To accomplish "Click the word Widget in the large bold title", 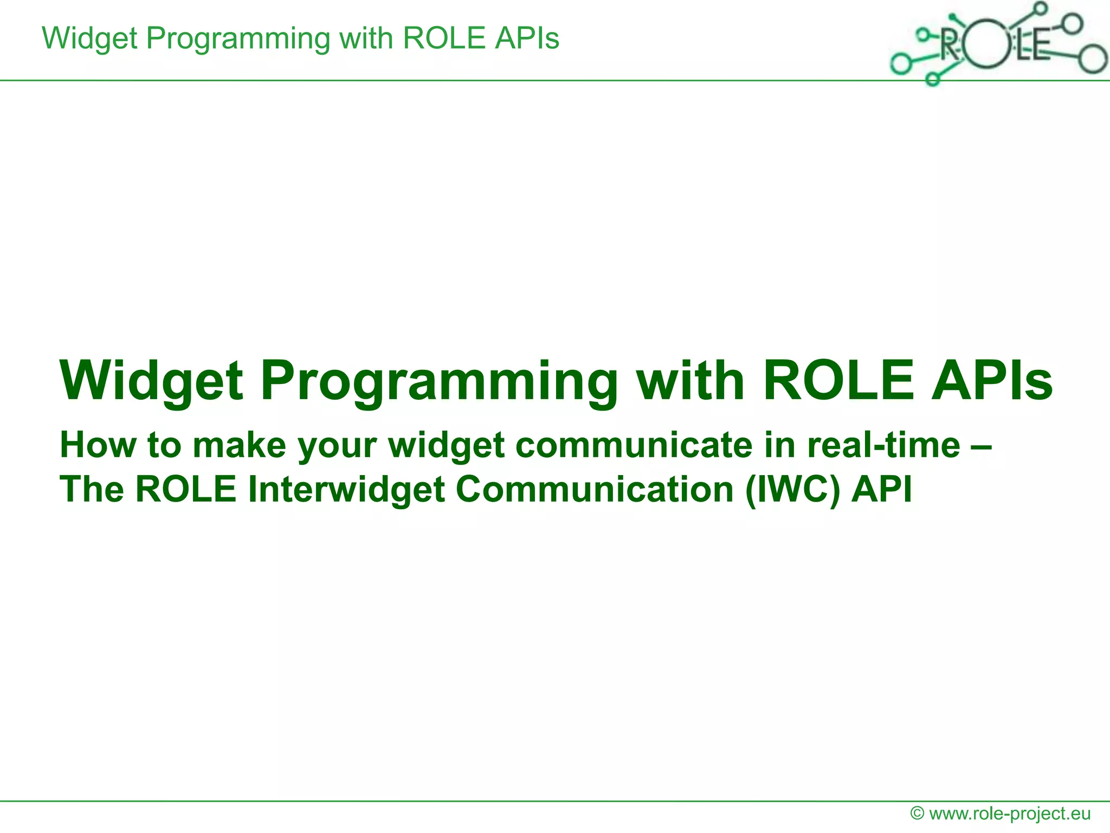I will pos(152,381).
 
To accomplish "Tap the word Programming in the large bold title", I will pos(439,381).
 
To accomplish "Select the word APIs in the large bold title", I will pos(992,381).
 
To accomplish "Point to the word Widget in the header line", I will pos(89,39).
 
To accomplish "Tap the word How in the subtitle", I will pos(98,445).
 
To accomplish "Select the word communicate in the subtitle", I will pos(634,445).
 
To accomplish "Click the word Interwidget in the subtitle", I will pos(346,489).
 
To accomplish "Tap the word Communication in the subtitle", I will pos(595,489).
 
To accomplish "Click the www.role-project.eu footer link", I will pos(1010,813).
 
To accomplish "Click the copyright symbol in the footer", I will pos(917,813).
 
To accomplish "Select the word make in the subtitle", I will pos(239,445).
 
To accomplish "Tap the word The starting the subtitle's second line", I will pos(92,489).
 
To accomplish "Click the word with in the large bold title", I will pos(690,381).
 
